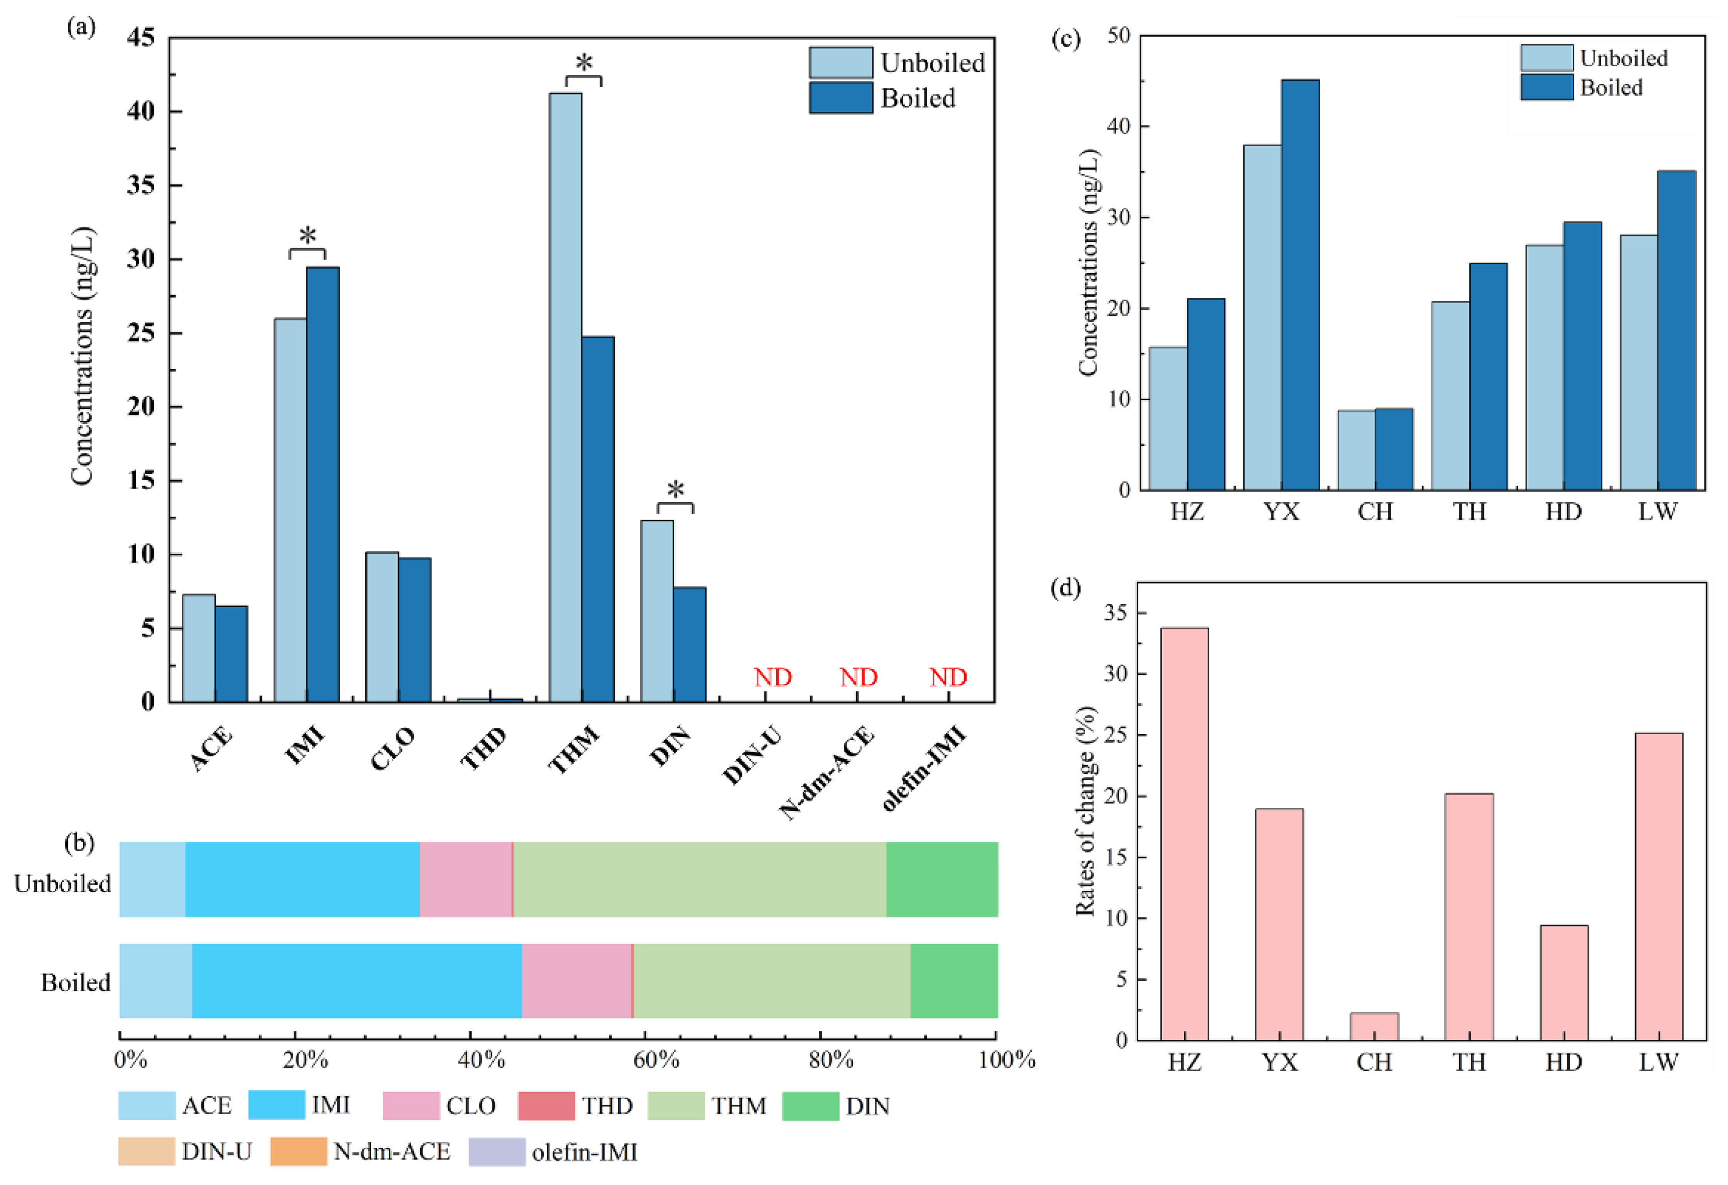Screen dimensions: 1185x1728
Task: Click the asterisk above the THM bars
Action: pos(584,62)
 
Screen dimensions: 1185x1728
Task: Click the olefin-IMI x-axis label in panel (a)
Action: pos(924,769)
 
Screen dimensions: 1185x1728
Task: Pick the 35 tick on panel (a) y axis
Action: pos(141,185)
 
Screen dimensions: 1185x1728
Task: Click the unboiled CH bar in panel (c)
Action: pos(1356,450)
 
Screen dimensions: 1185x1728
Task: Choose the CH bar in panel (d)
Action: pos(1374,1026)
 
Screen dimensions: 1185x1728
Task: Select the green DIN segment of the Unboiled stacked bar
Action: pos(941,879)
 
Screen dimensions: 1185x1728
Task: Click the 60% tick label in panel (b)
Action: pos(656,1059)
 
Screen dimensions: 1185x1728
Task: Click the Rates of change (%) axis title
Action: pos(1085,811)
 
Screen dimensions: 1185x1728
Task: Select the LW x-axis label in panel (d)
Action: pos(1658,1062)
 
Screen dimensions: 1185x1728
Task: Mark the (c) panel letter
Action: pos(1065,39)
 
